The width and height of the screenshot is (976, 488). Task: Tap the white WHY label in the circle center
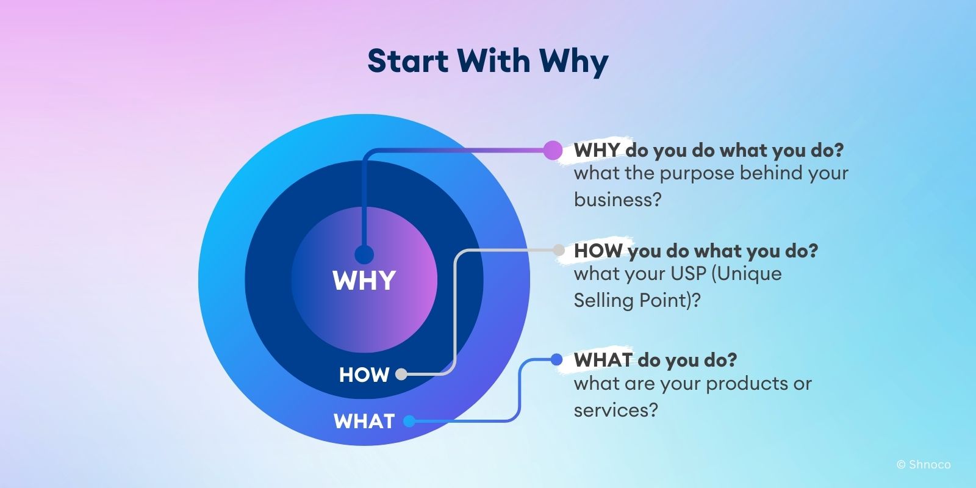pos(364,281)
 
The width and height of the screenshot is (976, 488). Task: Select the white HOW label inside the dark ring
pos(364,375)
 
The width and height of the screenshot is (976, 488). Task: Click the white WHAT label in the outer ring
pos(364,422)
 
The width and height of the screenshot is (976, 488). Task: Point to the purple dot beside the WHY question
pos(553,150)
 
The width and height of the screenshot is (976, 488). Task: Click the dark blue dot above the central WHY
pos(364,254)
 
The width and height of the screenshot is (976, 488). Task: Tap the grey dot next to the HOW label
pos(401,375)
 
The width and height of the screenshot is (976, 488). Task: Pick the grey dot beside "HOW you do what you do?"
pos(559,249)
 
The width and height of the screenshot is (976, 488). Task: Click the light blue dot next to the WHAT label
pos(409,421)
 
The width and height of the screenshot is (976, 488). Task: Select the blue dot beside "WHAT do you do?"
pos(556,360)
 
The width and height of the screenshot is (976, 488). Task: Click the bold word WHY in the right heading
pos(597,150)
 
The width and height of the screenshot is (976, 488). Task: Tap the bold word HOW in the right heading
pos(598,251)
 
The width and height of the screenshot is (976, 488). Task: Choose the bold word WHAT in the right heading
pos(603,360)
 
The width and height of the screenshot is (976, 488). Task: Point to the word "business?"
pos(617,200)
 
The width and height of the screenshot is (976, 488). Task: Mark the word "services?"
pos(616,410)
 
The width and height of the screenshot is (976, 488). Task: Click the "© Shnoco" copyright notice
pos(924,465)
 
